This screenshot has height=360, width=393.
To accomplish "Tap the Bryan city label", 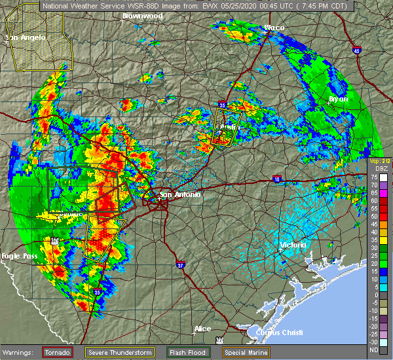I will (x=337, y=99).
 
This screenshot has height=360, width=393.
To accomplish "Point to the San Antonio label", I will (x=180, y=194).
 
